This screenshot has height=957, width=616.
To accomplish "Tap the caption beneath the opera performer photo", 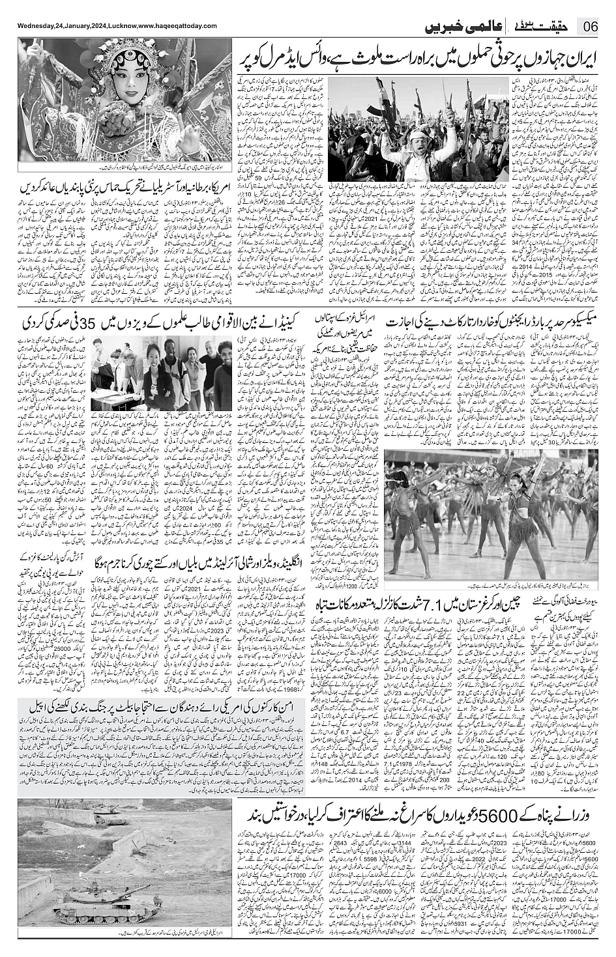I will click(117, 168).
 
